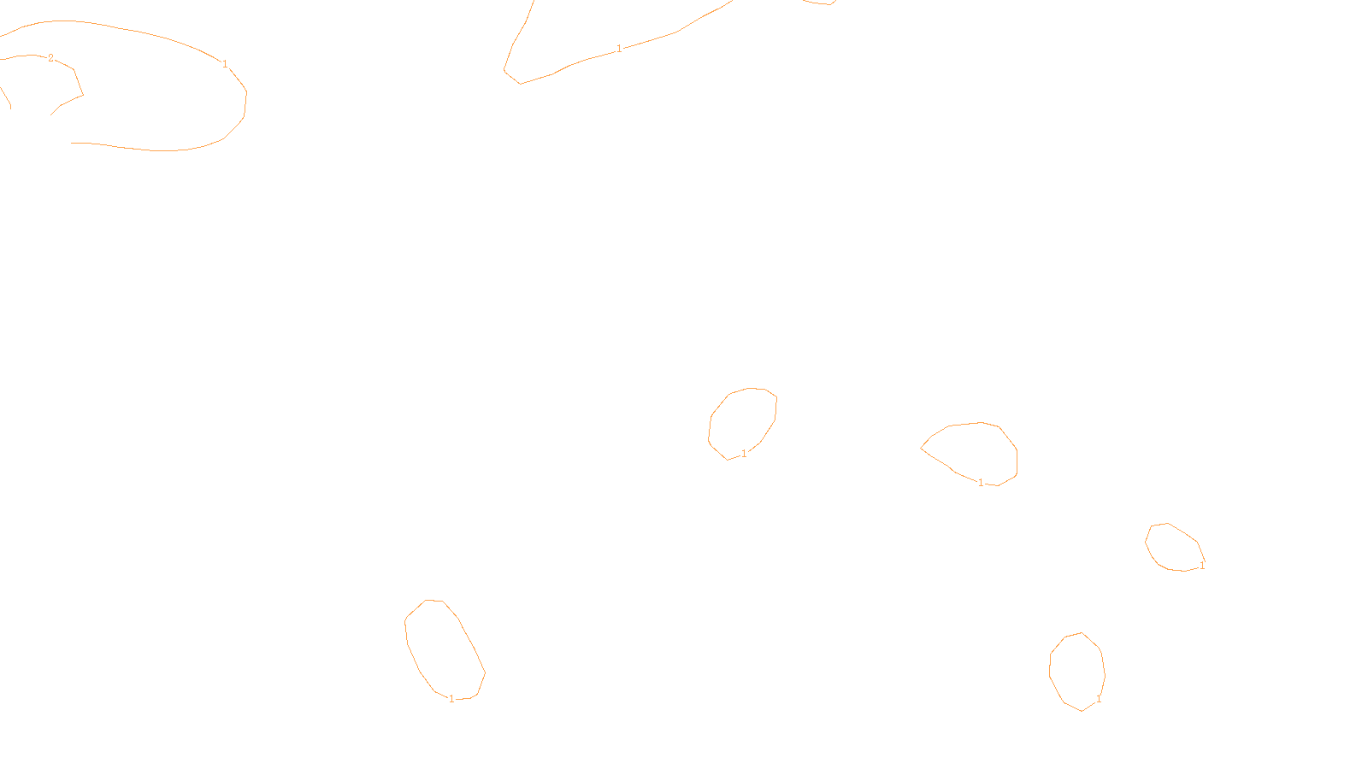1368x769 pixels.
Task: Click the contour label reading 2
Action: coord(50,58)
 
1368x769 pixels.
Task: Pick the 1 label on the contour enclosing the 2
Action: coord(225,64)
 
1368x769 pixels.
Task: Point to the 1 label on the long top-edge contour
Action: coord(619,49)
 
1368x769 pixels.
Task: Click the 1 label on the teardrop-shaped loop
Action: coord(981,483)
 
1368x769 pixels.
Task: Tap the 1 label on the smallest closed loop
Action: coord(1202,566)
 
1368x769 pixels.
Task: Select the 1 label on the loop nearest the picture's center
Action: coord(744,454)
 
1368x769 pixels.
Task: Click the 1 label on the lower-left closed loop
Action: coord(451,699)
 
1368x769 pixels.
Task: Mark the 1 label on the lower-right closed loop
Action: coord(1099,699)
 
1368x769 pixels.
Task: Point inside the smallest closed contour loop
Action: coord(1174,548)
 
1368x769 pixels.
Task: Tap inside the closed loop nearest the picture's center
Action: coord(743,422)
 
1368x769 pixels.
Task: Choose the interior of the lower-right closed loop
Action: coord(1077,671)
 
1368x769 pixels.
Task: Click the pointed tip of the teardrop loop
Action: coord(921,448)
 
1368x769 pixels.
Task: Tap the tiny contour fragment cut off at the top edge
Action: coord(819,3)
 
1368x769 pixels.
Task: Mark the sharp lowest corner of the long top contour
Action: coord(520,84)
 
